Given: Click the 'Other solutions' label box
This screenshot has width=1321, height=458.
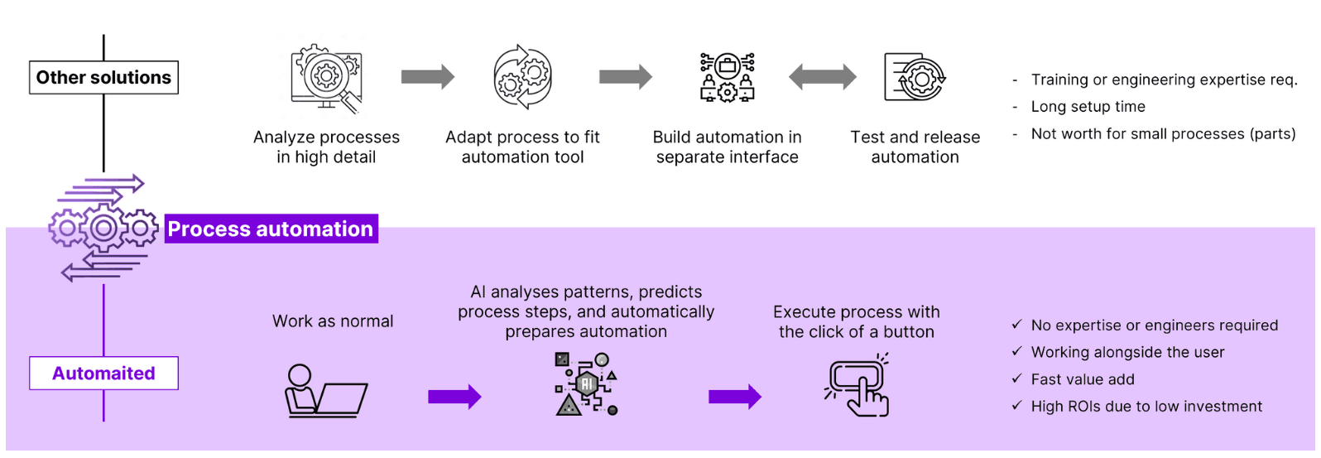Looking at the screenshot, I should pyautogui.click(x=103, y=77).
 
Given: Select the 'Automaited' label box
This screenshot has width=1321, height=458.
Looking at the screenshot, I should pyautogui.click(x=103, y=373).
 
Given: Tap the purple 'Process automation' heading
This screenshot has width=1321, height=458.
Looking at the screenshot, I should pyautogui.click(x=271, y=229).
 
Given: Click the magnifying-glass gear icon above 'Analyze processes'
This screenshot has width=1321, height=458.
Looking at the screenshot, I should pyautogui.click(x=326, y=78).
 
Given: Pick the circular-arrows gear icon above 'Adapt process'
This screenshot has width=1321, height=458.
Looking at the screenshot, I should pyautogui.click(x=522, y=77).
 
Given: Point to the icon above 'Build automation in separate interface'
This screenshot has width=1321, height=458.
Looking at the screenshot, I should pyautogui.click(x=727, y=77).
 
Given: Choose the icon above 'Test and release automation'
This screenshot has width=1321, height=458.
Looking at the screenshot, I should pyautogui.click(x=915, y=76).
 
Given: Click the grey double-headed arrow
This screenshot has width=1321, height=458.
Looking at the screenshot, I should pyautogui.click(x=822, y=77).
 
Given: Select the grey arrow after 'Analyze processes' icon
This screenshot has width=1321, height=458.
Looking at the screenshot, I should pyautogui.click(x=427, y=77).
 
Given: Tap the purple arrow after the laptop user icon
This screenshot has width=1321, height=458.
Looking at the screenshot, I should pyautogui.click(x=454, y=397).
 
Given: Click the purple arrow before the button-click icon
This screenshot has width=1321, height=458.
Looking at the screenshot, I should pyautogui.click(x=734, y=397).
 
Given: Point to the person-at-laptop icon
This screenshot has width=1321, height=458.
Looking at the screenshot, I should pyautogui.click(x=325, y=391).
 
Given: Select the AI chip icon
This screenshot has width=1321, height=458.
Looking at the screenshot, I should pyautogui.click(x=586, y=383).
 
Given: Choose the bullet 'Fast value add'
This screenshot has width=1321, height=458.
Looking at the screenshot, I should pyautogui.click(x=1083, y=379).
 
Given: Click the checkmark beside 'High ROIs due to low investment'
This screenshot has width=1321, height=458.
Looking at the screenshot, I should pyautogui.click(x=1016, y=406).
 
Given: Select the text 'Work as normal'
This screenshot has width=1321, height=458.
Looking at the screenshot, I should pyautogui.click(x=333, y=321).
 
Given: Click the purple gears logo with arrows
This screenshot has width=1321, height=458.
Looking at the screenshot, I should pyautogui.click(x=103, y=228).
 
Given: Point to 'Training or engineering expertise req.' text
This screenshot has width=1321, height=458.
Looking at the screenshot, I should pyautogui.click(x=1164, y=80).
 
